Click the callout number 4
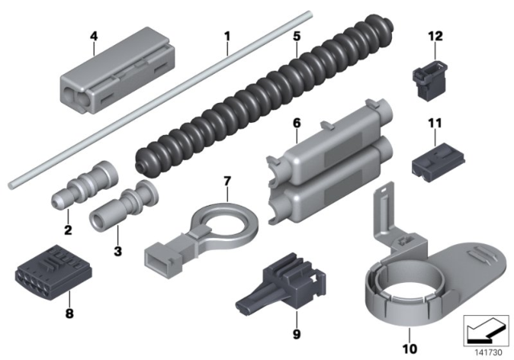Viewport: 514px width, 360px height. point(94,36)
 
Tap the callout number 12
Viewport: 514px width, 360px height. point(435,36)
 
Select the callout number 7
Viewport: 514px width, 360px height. point(227,181)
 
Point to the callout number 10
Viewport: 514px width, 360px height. point(410,349)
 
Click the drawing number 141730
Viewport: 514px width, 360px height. point(488,353)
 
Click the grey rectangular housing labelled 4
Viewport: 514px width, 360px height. point(117,70)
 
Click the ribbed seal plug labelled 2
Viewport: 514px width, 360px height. point(85,185)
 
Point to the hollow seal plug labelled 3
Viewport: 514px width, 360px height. point(124,206)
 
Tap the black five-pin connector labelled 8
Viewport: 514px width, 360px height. point(54,268)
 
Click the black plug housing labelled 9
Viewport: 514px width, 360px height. point(282,283)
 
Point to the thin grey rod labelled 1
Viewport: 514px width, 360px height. point(161,100)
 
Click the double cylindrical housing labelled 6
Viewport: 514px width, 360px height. point(329,162)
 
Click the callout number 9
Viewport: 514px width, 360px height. point(296,335)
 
